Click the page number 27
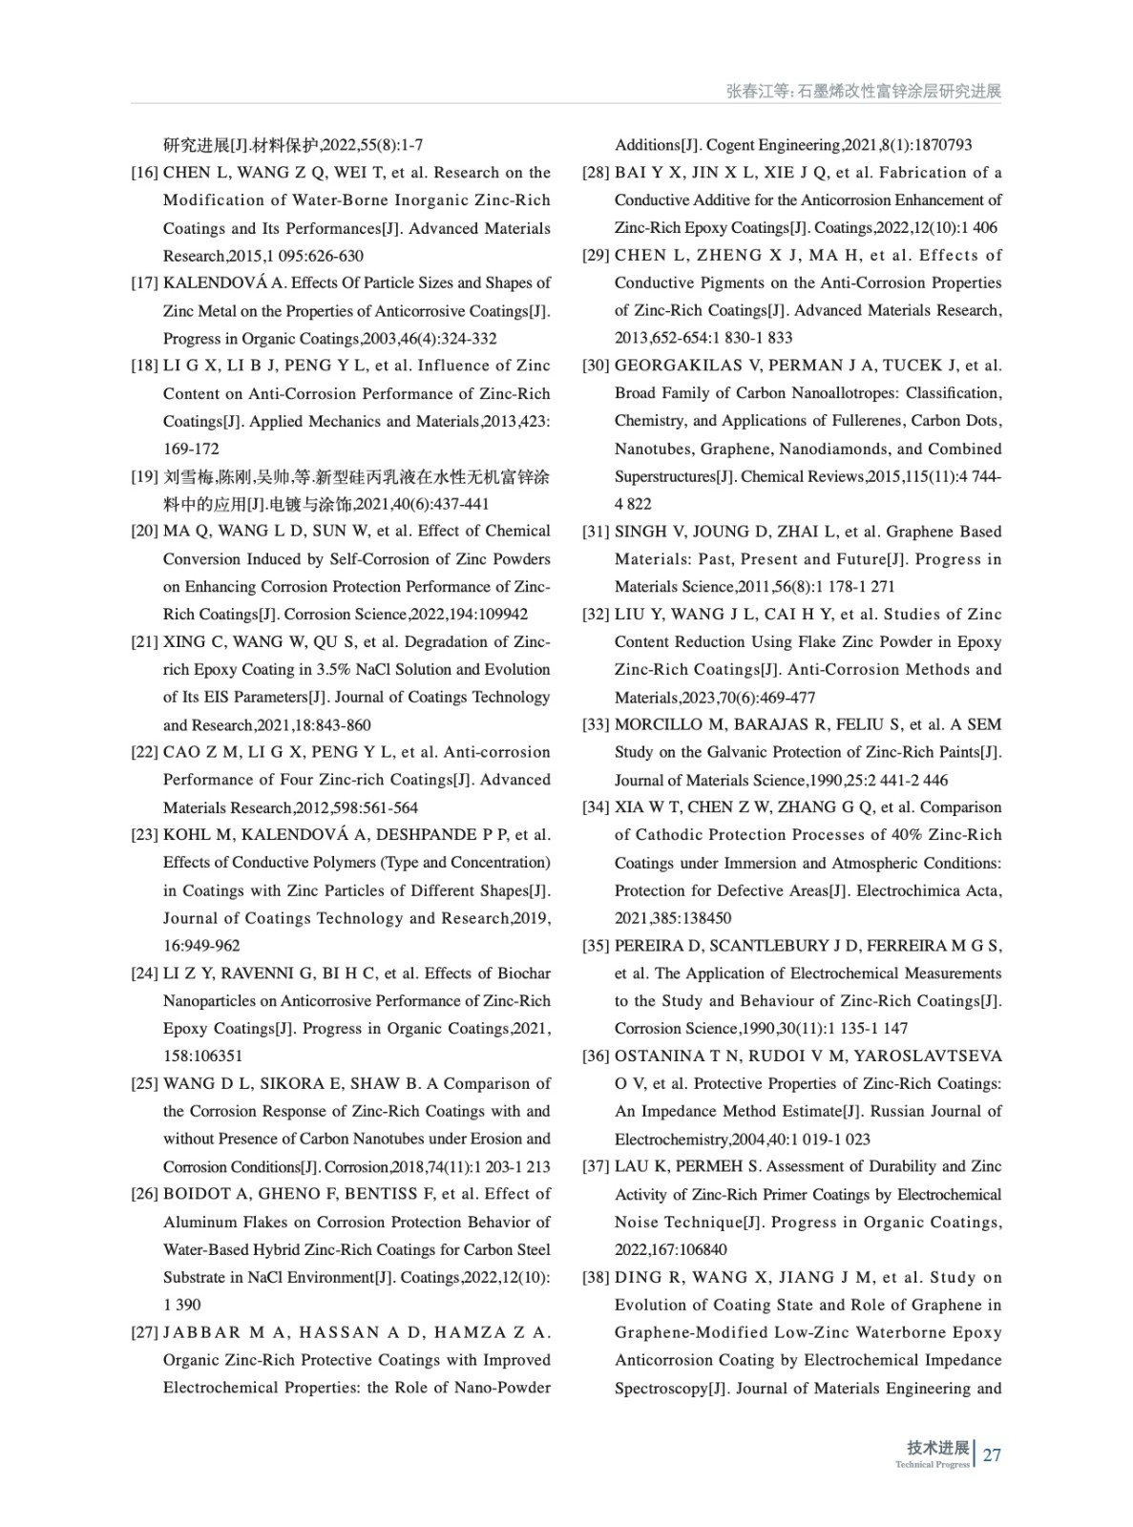pyautogui.click(x=992, y=1455)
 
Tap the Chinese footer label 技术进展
pyautogui.click(x=937, y=1448)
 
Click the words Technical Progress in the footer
pyautogui.click(x=932, y=1465)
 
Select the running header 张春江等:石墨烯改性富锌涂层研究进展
pyautogui.click(x=863, y=92)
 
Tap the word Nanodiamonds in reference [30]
pyautogui.click(x=835, y=449)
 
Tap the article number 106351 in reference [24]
pyautogui.click(x=217, y=1056)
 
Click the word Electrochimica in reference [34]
pyautogui.click(x=907, y=890)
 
